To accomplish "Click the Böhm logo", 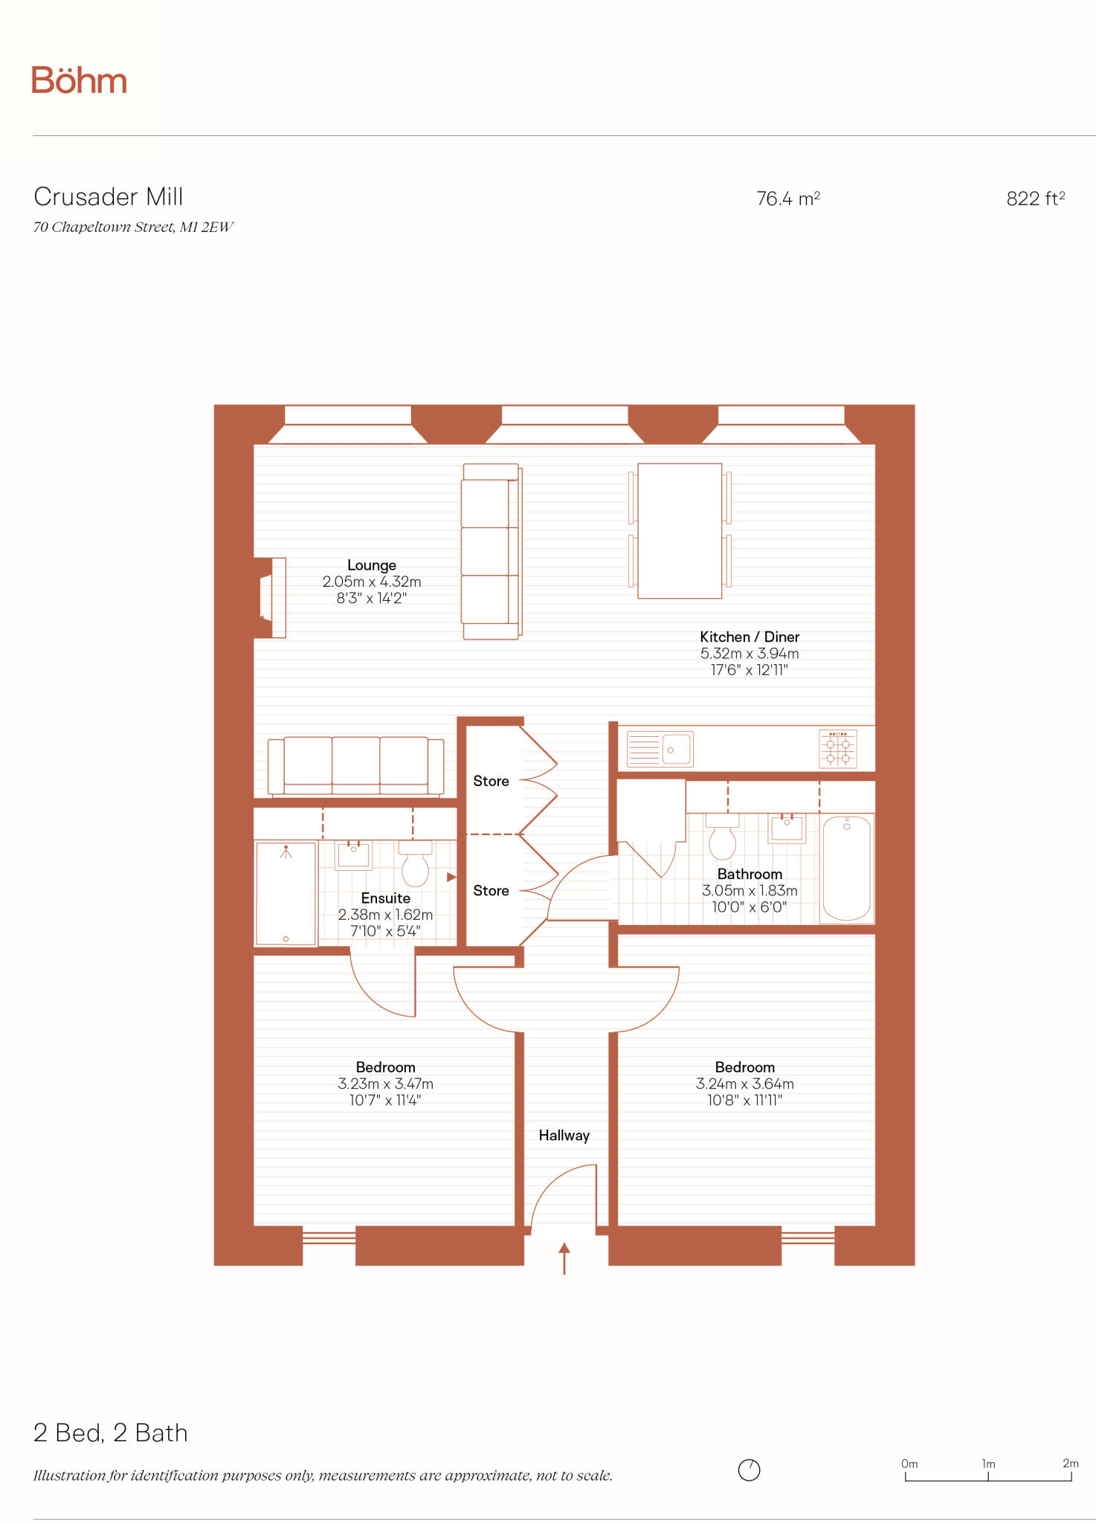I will (x=79, y=80).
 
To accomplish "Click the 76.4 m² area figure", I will (x=787, y=199).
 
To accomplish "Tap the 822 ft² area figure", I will (x=1035, y=199).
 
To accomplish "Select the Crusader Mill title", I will (x=109, y=197).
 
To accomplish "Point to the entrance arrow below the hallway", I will (x=564, y=1258).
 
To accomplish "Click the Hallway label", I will (x=564, y=1136).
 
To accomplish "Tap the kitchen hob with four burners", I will (x=838, y=748).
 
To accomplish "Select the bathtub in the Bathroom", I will (x=846, y=868).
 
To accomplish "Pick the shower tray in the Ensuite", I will (x=286, y=893).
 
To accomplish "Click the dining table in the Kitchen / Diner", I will (x=680, y=531).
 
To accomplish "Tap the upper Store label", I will (x=491, y=781).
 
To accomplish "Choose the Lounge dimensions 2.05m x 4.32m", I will (x=371, y=582).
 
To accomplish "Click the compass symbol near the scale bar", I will (x=749, y=1469).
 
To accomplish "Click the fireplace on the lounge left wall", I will (x=272, y=597).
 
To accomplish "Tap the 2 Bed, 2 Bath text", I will (x=111, y=1433).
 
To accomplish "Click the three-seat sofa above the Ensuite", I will (x=356, y=767).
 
